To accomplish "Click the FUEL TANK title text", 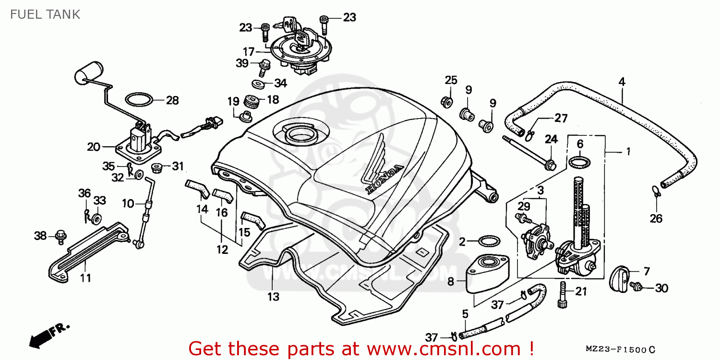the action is click(x=45, y=14).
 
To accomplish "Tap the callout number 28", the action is click(x=172, y=101).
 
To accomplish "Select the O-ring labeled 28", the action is click(x=139, y=100).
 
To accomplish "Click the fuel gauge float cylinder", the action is click(x=88, y=73).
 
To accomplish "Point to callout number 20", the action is click(x=94, y=147).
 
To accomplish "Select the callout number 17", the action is click(x=249, y=51).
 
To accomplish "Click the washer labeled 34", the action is click(x=258, y=84).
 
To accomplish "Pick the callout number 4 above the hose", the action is click(x=622, y=82).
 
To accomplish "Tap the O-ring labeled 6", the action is click(x=579, y=162).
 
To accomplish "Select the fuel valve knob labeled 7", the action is click(x=619, y=279).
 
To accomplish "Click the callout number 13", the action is click(x=273, y=297).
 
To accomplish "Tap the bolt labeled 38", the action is click(x=60, y=237).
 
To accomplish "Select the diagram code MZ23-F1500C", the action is click(x=620, y=349).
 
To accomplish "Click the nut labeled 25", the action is click(x=447, y=102).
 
